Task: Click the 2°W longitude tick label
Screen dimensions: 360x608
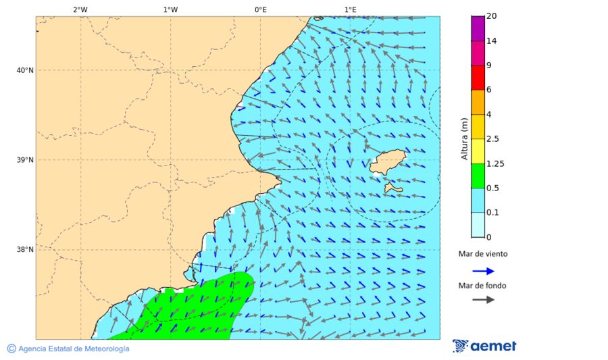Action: coord(80,9)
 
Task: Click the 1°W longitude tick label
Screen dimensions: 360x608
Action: coord(170,9)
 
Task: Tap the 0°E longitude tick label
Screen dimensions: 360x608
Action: coord(260,9)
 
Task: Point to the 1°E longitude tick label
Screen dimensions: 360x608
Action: coord(350,9)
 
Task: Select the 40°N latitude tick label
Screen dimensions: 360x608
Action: coord(25,70)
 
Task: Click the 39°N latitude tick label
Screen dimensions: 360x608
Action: coord(25,160)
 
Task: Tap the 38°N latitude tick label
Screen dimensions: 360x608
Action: coord(25,250)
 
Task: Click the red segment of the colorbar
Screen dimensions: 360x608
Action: coord(478,78)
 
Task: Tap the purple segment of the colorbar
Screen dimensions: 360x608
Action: coord(478,28)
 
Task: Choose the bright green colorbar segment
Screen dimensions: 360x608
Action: coord(478,176)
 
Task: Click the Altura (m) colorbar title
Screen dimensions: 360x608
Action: coord(464,138)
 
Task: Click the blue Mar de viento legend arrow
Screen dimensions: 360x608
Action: coord(483,271)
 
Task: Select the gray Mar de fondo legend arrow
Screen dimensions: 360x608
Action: coord(483,300)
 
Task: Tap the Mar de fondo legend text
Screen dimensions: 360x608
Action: coord(482,286)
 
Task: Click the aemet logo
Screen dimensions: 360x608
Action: coord(484,346)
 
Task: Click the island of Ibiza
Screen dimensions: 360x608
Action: coord(385,162)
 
